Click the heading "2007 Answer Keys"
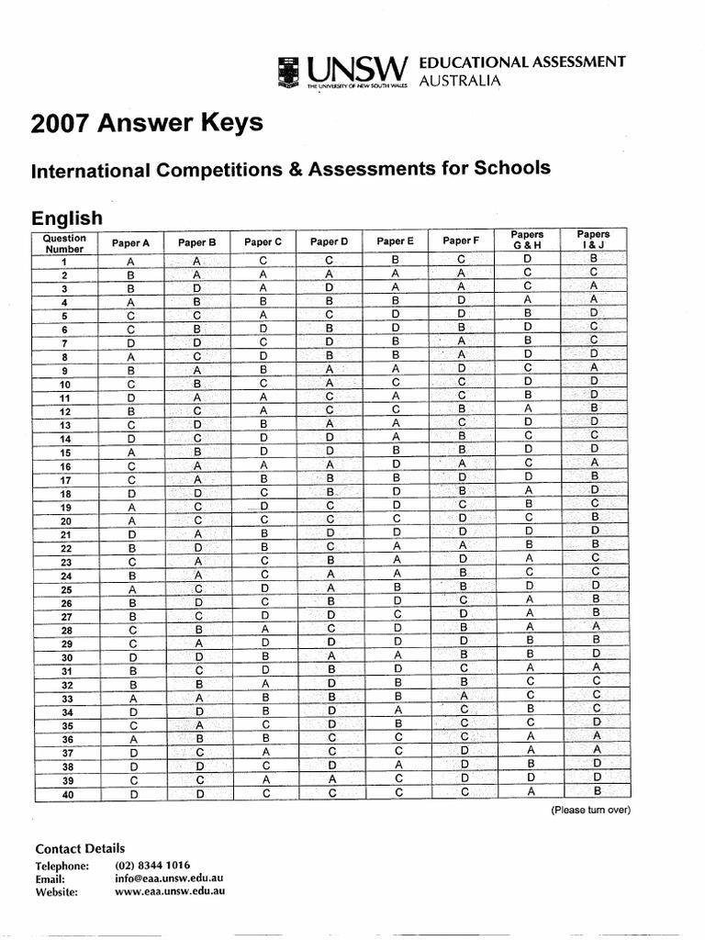[x=147, y=123]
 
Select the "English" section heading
[x=67, y=218]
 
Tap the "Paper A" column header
[x=130, y=243]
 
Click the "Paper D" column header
[x=329, y=242]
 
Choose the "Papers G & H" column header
[x=528, y=240]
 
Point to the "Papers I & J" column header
[x=594, y=240]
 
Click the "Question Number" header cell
[x=64, y=243]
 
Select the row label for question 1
[x=64, y=263]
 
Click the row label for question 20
[x=64, y=521]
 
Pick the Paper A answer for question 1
[x=130, y=263]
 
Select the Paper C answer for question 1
[x=263, y=261]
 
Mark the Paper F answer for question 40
[x=464, y=791]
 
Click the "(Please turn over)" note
[x=590, y=811]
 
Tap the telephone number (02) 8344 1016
[x=152, y=865]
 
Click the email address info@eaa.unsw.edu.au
[x=169, y=878]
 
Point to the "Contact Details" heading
[x=80, y=848]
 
